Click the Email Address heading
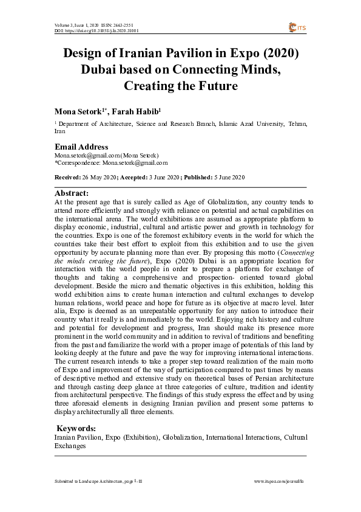(81, 147)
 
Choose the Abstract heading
(72, 193)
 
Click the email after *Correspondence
(134, 163)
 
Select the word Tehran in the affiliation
(297, 123)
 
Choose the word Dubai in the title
(101, 70)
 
